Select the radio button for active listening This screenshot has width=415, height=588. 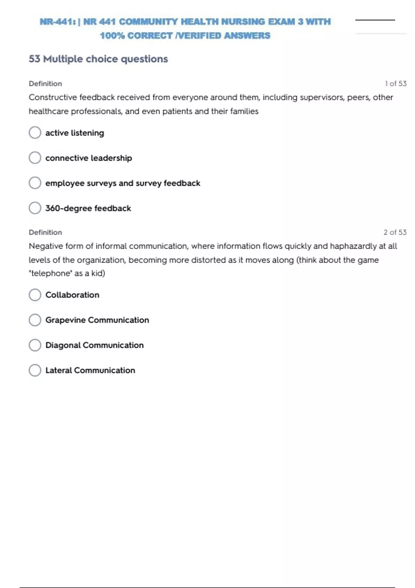click(35, 132)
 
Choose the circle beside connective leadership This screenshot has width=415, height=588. click(35, 158)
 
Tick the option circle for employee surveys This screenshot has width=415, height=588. click(35, 183)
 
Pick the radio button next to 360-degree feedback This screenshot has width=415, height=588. click(35, 208)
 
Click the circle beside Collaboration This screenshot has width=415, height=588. click(35, 295)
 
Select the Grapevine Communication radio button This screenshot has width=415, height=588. click(35, 320)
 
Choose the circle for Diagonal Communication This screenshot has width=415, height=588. click(35, 345)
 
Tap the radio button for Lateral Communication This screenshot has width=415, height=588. click(35, 370)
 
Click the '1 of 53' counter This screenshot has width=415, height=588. click(396, 84)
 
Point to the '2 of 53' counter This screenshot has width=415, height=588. click(395, 232)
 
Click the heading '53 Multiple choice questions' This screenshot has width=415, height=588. click(98, 59)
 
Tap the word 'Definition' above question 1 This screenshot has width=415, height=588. click(45, 84)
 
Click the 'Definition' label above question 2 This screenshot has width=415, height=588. click(45, 232)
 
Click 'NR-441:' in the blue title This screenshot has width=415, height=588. click(58, 22)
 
